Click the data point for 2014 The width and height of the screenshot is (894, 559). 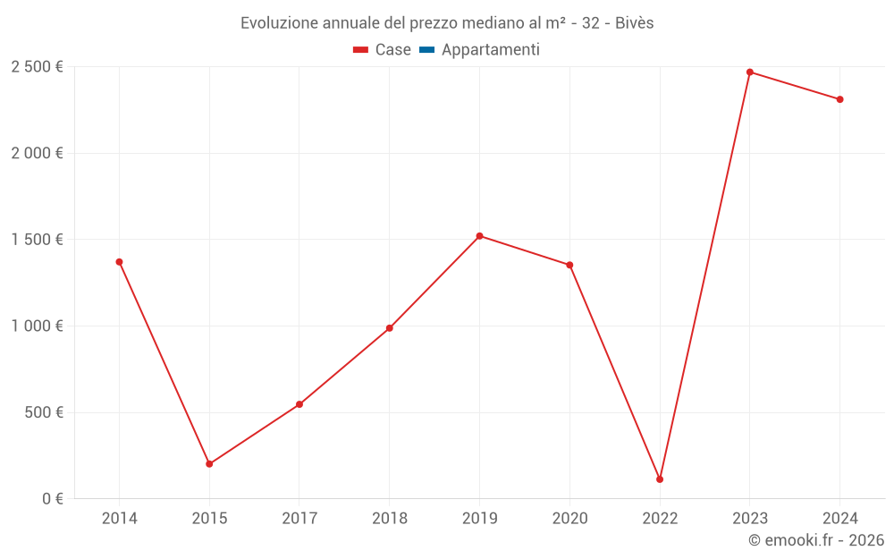[119, 262]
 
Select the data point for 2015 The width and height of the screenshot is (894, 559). [209, 464]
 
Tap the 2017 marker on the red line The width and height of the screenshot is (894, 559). [299, 404]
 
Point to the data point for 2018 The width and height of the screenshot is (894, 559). [390, 328]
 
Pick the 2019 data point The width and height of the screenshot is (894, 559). [480, 236]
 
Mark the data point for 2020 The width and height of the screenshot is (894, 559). [569, 265]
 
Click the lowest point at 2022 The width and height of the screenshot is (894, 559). [660, 479]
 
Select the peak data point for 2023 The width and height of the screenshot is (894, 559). [750, 72]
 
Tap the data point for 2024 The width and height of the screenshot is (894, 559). [840, 99]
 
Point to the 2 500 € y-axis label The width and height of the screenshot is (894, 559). [37, 67]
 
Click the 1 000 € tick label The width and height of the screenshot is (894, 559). [37, 326]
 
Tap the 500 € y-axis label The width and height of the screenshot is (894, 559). [43, 412]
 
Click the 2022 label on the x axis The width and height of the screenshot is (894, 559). [660, 519]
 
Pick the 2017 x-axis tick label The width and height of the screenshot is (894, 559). [299, 519]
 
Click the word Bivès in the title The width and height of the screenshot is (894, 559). [634, 23]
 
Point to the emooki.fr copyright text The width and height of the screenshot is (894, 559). [816, 540]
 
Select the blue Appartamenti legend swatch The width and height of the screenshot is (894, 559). [426, 50]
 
